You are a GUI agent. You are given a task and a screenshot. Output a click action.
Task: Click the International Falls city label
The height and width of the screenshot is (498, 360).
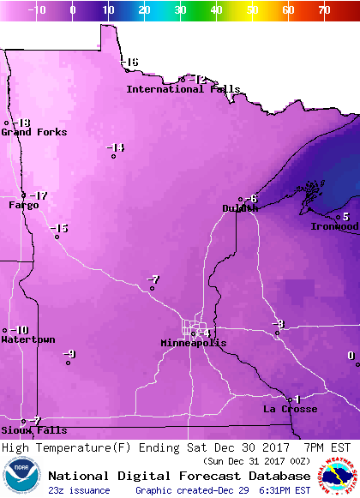pyautogui.click(x=183, y=89)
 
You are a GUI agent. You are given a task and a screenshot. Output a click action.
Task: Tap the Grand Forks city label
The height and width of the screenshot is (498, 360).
pyautogui.click(x=28, y=132)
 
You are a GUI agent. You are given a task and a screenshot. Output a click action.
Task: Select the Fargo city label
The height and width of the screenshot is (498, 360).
pyautogui.click(x=24, y=206)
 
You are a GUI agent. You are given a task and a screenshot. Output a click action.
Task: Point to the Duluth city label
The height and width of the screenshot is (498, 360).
pyautogui.click(x=240, y=208)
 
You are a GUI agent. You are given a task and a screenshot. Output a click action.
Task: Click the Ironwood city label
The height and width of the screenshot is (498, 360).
pyautogui.click(x=334, y=226)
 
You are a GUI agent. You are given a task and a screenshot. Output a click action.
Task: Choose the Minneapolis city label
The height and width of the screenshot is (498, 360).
pyautogui.click(x=194, y=343)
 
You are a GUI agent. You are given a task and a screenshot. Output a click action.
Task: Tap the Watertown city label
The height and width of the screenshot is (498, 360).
pyautogui.click(x=28, y=340)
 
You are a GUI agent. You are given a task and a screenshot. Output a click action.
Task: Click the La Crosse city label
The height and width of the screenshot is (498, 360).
pyautogui.click(x=290, y=409)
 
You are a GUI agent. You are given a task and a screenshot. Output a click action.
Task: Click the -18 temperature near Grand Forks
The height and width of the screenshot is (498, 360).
pyautogui.click(x=21, y=123)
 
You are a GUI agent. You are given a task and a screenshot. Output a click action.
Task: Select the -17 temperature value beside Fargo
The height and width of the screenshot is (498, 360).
pyautogui.click(x=39, y=195)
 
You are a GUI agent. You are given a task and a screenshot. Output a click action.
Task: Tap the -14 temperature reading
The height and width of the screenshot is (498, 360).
pyautogui.click(x=116, y=147)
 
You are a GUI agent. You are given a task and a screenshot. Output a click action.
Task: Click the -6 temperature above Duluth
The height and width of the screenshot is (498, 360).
pyautogui.click(x=251, y=199)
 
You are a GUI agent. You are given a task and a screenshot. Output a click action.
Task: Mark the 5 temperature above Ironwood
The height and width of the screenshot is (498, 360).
pyautogui.click(x=345, y=217)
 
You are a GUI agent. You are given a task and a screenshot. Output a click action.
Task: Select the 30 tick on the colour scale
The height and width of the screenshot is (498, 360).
pyautogui.click(x=180, y=10)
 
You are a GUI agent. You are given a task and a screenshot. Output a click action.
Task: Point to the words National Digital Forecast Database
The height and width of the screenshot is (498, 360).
pyautogui.click(x=179, y=475)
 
